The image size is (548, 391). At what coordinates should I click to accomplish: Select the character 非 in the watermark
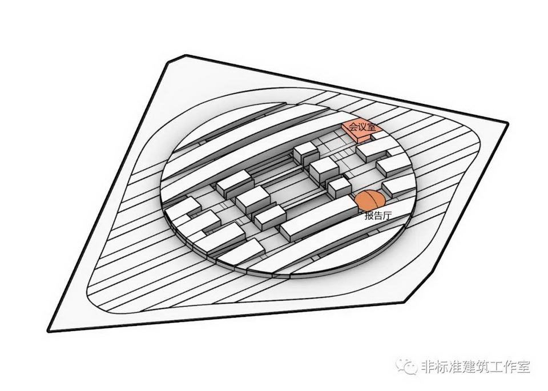pos(426,366)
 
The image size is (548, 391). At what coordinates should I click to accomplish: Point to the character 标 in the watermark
pos(441,366)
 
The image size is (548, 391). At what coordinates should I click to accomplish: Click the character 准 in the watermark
pos(456,366)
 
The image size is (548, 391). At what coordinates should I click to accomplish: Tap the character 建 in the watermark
pos(470,366)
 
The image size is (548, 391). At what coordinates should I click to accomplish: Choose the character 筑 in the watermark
pos(485,366)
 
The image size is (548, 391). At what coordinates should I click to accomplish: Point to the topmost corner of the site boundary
pos(186,55)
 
